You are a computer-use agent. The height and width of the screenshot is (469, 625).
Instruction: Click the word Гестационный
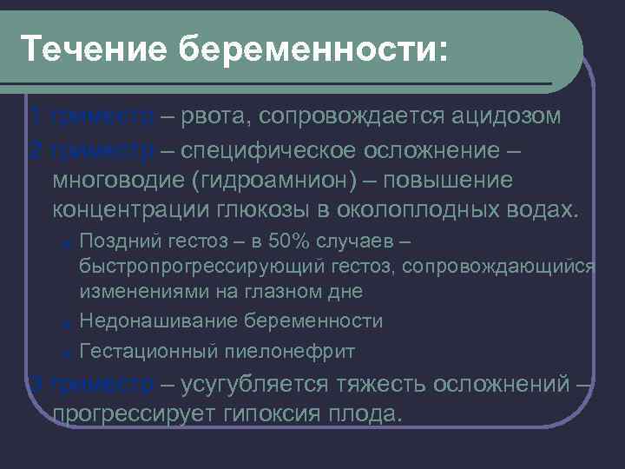(145, 351)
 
